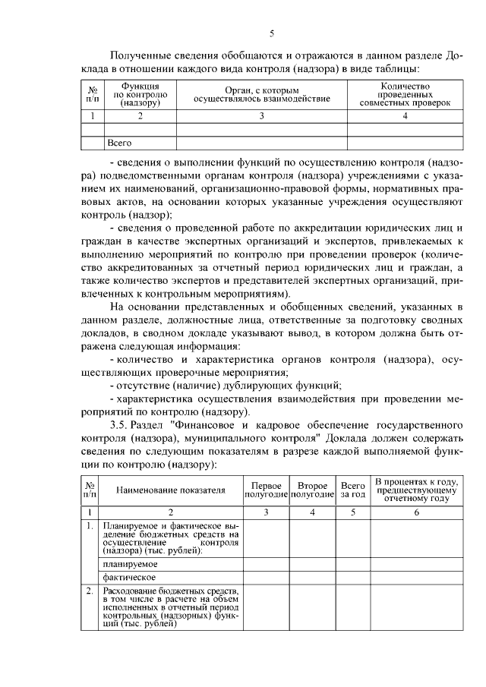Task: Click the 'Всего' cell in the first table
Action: (x=120, y=142)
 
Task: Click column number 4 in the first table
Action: (x=405, y=116)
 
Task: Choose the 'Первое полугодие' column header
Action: (x=266, y=490)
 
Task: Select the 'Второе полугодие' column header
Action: (x=312, y=490)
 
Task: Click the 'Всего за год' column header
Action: (x=352, y=490)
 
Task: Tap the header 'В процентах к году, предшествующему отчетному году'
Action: (x=416, y=490)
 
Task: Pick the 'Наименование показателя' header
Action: (x=171, y=490)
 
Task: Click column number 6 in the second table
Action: (x=416, y=512)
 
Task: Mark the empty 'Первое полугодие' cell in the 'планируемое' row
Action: (x=266, y=564)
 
